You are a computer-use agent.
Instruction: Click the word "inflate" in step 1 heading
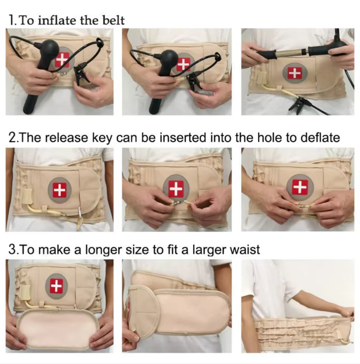click(x=56, y=21)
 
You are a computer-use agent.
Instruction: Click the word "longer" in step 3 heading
click(x=104, y=250)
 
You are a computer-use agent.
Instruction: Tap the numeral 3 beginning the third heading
click(x=12, y=250)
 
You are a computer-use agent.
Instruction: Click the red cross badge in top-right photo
click(x=295, y=73)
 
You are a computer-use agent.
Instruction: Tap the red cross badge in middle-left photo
click(x=60, y=189)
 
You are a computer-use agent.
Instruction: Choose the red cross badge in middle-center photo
click(x=176, y=188)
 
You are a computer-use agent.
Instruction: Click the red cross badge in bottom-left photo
click(x=56, y=286)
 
